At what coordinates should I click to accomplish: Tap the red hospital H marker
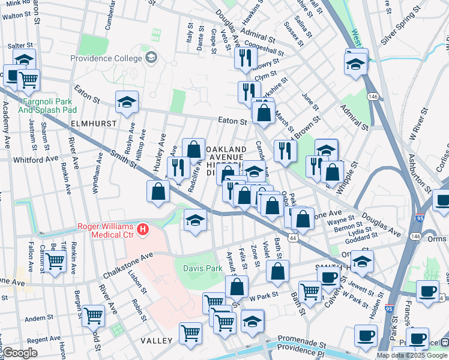pos(142,229)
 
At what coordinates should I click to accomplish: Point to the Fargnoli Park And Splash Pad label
pos(47,106)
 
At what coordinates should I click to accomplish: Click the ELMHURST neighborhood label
pos(92,123)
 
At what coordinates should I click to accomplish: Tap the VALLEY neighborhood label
pos(157,340)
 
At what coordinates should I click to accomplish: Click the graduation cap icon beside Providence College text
pos(151,58)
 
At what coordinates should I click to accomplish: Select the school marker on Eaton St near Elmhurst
pos(127,103)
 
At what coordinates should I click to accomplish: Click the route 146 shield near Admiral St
pos(373,96)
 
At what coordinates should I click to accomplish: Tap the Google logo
pos(20,353)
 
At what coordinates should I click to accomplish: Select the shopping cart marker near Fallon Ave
pos(55,261)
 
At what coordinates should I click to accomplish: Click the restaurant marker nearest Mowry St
pos(245,58)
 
